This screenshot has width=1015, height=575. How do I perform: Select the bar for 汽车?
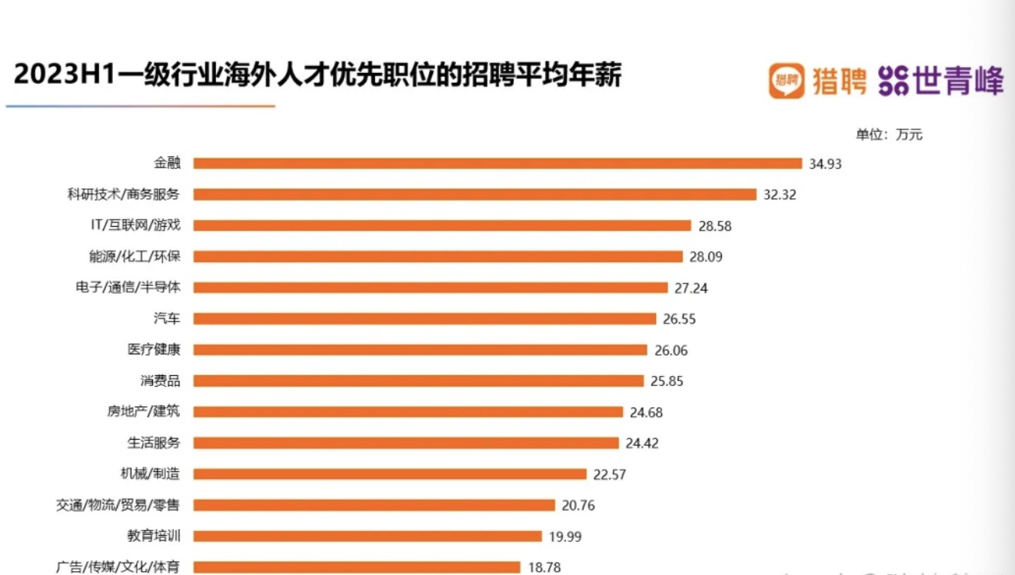coord(424,318)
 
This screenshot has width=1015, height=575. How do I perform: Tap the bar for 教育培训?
coord(367,536)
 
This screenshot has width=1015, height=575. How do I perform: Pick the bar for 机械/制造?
coord(389,474)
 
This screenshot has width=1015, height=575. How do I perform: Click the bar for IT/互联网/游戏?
coord(442,225)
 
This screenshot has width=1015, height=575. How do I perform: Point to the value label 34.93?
coord(825,163)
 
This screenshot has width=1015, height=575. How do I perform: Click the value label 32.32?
coord(780,194)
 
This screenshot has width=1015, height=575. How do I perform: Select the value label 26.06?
coord(671,350)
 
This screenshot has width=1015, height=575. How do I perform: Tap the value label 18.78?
coord(544,567)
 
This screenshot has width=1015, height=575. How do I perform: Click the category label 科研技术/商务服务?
coord(123,194)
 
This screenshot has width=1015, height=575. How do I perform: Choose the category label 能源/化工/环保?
coord(134,256)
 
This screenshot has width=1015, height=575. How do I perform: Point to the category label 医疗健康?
coord(154,350)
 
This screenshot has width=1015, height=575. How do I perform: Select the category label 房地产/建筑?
coord(143,411)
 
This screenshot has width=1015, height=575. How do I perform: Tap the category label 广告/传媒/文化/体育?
coord(118,567)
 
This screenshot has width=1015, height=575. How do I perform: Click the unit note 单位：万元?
coord(889,135)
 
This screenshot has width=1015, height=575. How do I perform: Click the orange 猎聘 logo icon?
coord(787,80)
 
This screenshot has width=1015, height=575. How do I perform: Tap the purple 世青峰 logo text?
coord(958,80)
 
